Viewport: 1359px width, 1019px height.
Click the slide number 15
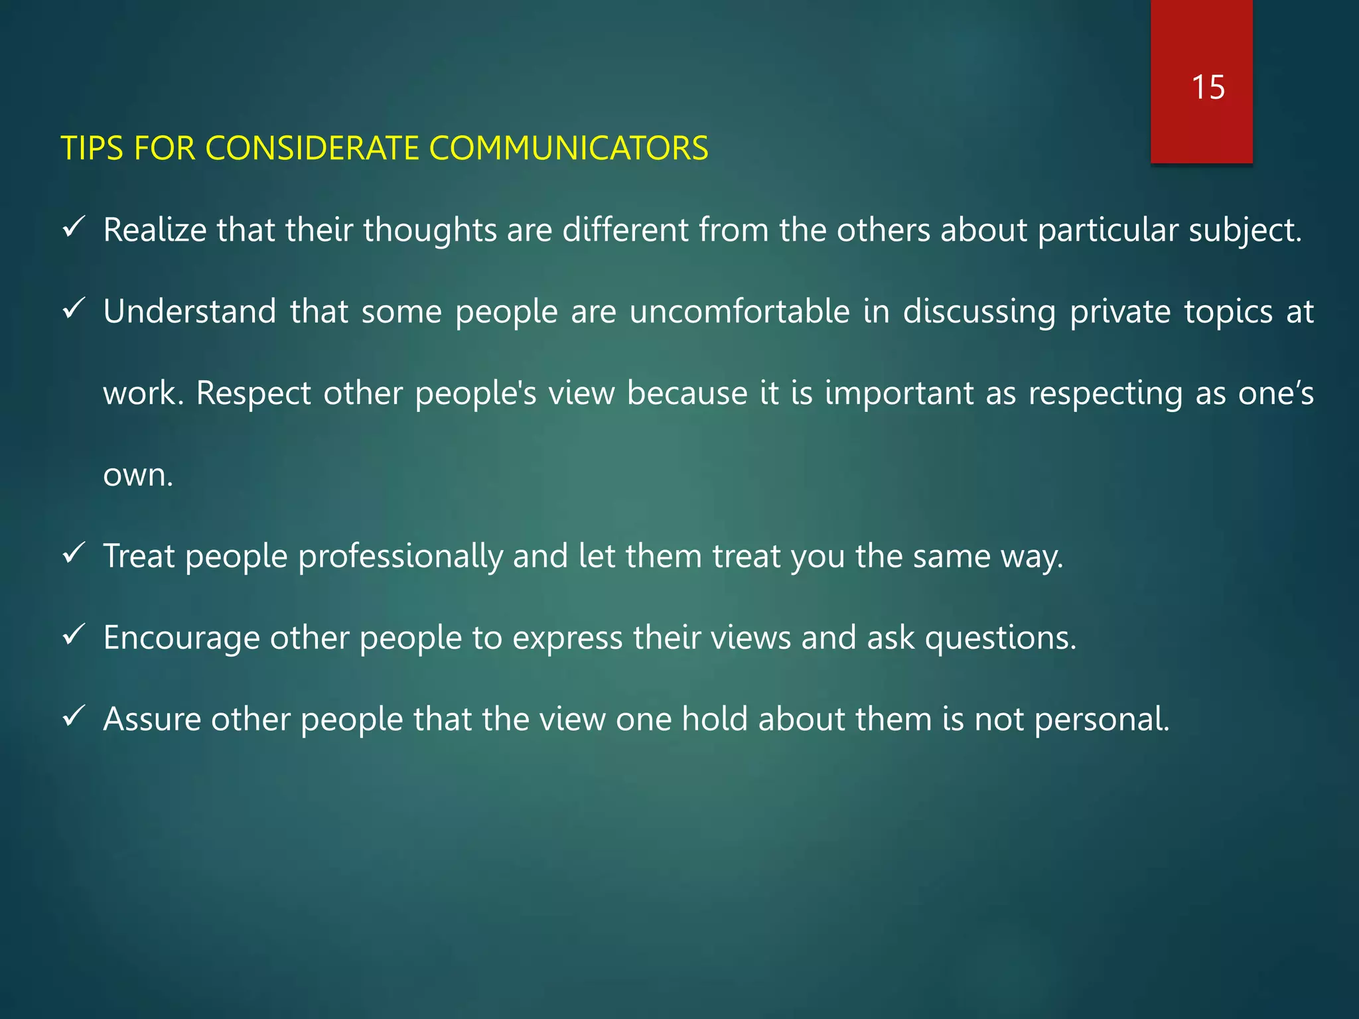coord(1208,88)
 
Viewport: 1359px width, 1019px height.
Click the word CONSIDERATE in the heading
coord(312,148)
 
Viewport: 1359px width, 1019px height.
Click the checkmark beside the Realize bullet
coord(72,229)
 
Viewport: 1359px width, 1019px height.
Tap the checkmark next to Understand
coord(72,310)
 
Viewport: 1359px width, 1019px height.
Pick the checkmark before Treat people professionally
coord(72,554)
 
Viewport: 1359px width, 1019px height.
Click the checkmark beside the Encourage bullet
coord(72,636)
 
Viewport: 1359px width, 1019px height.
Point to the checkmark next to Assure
coord(72,717)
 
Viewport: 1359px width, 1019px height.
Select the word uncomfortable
coord(739,312)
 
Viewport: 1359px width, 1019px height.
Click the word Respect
coord(253,393)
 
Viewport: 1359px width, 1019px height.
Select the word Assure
coord(152,720)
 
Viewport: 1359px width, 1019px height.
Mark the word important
coord(899,393)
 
